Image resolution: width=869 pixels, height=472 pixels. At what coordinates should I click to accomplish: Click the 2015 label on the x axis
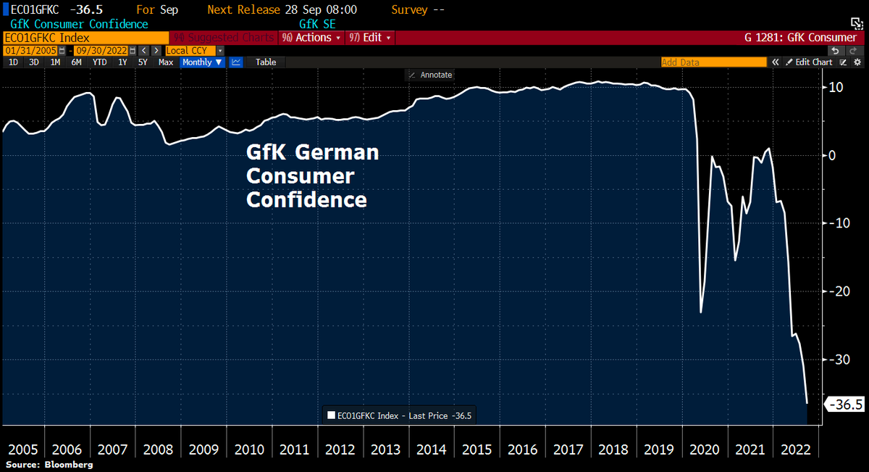click(477, 450)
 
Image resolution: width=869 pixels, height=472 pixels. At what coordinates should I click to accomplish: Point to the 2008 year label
click(158, 450)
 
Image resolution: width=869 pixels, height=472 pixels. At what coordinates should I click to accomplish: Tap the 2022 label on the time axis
click(796, 450)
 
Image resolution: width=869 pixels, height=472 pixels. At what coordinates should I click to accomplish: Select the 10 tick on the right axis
click(836, 88)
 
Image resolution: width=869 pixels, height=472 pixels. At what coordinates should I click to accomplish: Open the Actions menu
click(311, 38)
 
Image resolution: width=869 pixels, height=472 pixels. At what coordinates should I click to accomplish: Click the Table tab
click(266, 62)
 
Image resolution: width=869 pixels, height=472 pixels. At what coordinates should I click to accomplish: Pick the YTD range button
click(100, 62)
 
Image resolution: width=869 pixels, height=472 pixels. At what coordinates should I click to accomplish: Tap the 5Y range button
click(143, 62)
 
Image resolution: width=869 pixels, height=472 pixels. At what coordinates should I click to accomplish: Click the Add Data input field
click(713, 62)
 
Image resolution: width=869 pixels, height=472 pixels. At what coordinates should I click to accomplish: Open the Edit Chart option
click(810, 62)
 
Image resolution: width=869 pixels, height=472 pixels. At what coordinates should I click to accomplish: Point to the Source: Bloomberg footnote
click(49, 464)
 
